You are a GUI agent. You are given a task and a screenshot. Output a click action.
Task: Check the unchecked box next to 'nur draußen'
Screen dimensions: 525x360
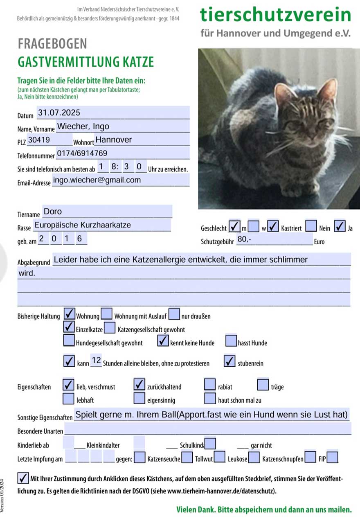coord(174,314)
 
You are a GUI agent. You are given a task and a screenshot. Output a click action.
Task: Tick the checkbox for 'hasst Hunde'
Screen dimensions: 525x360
coord(232,340)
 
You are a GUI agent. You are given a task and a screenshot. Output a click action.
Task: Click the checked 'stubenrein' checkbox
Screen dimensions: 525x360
coord(230,361)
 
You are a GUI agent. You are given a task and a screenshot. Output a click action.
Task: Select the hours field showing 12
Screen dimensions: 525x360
coord(96,361)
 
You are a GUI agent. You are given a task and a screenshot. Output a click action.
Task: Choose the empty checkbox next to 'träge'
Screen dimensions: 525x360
coord(263,385)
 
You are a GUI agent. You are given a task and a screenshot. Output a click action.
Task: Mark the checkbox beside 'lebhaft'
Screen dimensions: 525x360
coord(69,398)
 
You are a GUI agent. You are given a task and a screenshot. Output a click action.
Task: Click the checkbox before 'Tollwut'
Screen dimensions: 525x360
coord(187,457)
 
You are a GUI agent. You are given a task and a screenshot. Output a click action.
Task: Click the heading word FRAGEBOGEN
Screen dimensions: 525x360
coord(52,44)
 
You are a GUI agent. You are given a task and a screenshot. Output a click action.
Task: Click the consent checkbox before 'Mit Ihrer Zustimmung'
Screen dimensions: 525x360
coord(23,478)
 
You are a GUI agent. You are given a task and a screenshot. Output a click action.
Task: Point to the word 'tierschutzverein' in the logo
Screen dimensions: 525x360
coord(275,15)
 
